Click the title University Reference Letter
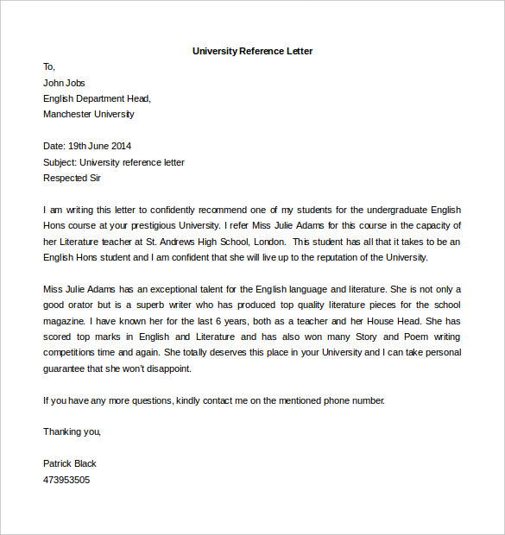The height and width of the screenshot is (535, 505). pyautogui.click(x=252, y=51)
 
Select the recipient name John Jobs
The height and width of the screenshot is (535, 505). pyautogui.click(x=66, y=83)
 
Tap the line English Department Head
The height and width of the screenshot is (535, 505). pyautogui.click(x=97, y=98)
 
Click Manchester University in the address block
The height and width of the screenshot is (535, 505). pyautogui.click(x=89, y=114)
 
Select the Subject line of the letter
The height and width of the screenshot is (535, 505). pyautogui.click(x=113, y=162)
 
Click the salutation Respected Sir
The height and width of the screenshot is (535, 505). pyautogui.click(x=72, y=178)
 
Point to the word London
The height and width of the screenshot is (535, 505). pyautogui.click(x=268, y=242)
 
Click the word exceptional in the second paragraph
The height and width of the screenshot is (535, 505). pyautogui.click(x=177, y=289)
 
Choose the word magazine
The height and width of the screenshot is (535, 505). pyautogui.click(x=63, y=321)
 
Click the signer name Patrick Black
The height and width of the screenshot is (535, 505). pyautogui.click(x=70, y=463)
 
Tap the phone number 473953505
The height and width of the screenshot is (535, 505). pyautogui.click(x=66, y=479)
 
